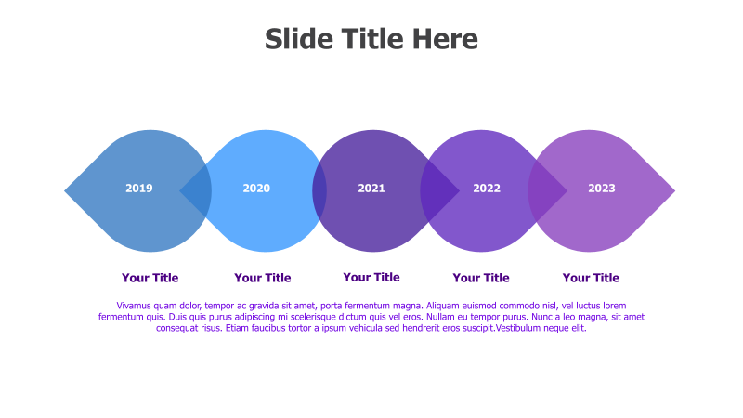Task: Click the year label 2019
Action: tap(139, 189)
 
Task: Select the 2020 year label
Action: tap(256, 189)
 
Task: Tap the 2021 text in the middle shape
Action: tap(371, 189)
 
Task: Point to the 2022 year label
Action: tap(487, 189)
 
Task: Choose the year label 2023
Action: tap(602, 189)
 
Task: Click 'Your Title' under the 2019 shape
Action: tap(150, 278)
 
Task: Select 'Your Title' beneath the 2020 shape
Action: tap(263, 278)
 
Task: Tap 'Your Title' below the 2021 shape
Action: tap(371, 277)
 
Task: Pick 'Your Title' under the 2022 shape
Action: tap(481, 278)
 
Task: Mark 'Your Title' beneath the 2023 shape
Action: tap(591, 278)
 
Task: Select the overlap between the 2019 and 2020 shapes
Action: tap(196, 190)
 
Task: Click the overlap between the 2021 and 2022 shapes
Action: tap(438, 190)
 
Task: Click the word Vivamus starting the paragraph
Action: tap(137, 306)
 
